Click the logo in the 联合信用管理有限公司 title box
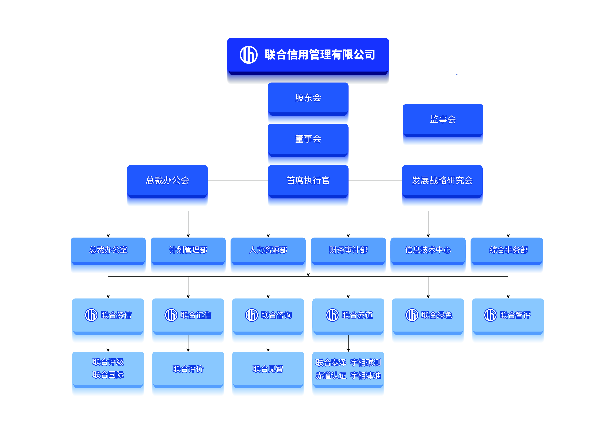coord(249,55)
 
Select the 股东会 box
coord(308,98)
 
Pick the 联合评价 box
coord(188,369)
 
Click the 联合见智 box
coord(268,369)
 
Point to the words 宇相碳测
coord(366,363)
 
